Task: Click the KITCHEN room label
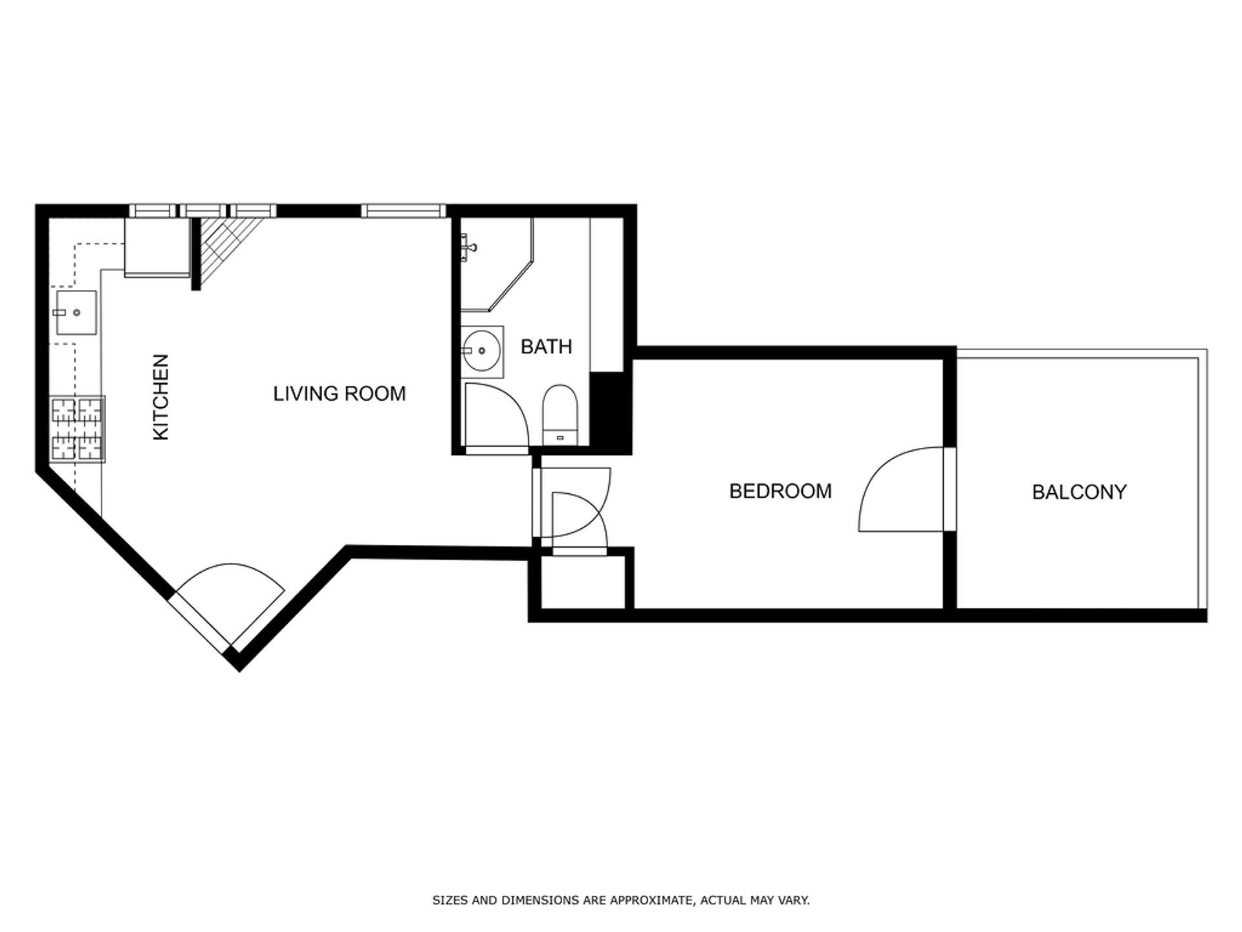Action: click(x=160, y=397)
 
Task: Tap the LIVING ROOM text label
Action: click(x=340, y=394)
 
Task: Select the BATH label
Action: click(x=547, y=347)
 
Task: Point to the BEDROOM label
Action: click(x=780, y=491)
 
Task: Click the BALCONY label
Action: click(x=1079, y=493)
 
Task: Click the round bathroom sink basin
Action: click(x=483, y=351)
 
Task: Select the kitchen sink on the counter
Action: click(x=76, y=313)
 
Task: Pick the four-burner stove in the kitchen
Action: click(x=78, y=430)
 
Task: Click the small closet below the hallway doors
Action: click(x=583, y=582)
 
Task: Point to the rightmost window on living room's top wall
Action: click(x=403, y=211)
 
